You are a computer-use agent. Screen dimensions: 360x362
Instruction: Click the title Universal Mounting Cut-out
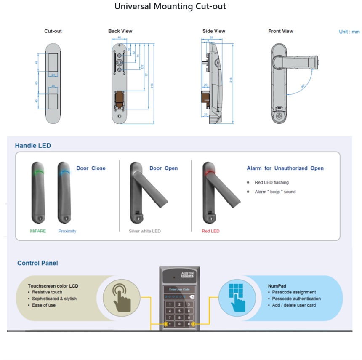tap(170, 7)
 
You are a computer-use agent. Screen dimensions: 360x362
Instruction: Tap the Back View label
tap(120, 31)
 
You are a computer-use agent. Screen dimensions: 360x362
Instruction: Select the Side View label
tap(214, 31)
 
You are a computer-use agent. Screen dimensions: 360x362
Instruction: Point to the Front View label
tap(280, 31)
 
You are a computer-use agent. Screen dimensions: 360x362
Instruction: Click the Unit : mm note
tap(349, 32)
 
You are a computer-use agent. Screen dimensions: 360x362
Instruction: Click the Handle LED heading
tap(33, 146)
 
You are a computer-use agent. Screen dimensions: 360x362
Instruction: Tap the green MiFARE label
tap(38, 231)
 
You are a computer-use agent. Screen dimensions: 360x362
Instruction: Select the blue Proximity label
tap(67, 231)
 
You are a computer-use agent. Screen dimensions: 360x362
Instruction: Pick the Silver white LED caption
tap(144, 231)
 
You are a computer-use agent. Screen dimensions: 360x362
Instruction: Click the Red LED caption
tap(210, 231)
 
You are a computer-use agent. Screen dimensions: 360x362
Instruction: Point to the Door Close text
tap(91, 168)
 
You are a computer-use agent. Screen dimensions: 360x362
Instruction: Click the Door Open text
tap(164, 168)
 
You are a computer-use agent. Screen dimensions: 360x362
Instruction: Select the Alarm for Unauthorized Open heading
tap(285, 168)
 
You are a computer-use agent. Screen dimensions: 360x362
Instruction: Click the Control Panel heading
tap(37, 263)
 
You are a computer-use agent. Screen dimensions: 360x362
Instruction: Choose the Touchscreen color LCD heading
tap(53, 286)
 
